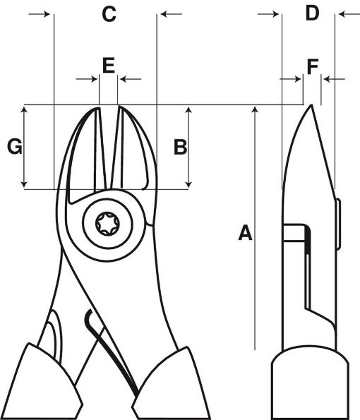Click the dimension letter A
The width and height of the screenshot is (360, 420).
(x=245, y=232)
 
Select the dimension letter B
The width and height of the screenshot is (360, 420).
(x=180, y=147)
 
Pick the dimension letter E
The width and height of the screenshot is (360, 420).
(x=108, y=66)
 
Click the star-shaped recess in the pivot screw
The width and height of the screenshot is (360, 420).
(x=108, y=225)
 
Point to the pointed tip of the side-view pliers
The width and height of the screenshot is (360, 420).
(x=311, y=107)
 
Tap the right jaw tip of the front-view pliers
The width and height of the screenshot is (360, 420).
(x=121, y=110)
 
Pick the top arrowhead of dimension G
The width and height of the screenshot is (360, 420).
(x=25, y=109)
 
